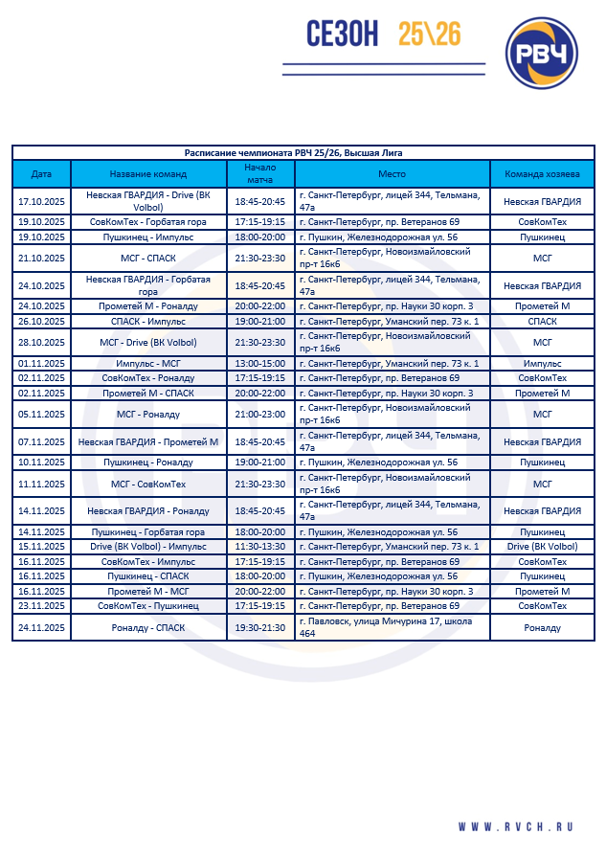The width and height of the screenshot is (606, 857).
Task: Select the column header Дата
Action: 41,174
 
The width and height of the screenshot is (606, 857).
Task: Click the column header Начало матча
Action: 259,174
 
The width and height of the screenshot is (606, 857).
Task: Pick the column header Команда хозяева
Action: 542,174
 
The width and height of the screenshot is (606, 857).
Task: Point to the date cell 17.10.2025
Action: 41,201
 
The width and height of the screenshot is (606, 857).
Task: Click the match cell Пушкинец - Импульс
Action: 148,237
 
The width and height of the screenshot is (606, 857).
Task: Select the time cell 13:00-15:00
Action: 259,364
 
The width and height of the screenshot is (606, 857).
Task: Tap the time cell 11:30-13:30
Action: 259,547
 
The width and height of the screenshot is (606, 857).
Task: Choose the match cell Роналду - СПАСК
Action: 148,627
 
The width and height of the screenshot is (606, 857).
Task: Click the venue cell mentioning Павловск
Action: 392,627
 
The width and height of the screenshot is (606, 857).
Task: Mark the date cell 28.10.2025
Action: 41,342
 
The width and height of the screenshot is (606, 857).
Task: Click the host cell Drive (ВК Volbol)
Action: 542,547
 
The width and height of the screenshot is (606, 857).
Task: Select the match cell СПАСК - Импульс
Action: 148,321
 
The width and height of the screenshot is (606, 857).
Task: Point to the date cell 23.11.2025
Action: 41,605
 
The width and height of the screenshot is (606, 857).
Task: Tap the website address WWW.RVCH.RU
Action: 514,826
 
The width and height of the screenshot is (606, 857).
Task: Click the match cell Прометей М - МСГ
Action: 148,591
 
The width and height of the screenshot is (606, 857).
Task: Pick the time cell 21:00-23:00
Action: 259,414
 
